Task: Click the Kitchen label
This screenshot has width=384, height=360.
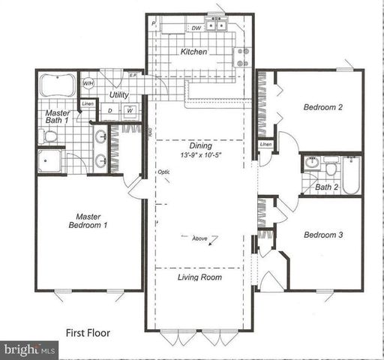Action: [x=193, y=52]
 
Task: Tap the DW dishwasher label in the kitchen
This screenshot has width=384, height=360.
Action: [x=195, y=28]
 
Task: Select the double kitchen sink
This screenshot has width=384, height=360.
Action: [x=217, y=26]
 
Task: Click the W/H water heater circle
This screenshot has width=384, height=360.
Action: [x=88, y=83]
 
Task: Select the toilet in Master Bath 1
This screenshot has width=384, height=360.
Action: [x=49, y=136]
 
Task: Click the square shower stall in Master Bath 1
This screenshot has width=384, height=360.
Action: [x=53, y=162]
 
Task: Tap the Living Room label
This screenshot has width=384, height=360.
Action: [x=199, y=277]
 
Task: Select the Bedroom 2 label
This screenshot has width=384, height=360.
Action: [x=322, y=107]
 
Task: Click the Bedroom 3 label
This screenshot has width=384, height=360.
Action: [x=322, y=235]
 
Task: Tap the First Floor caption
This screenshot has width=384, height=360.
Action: [x=88, y=331]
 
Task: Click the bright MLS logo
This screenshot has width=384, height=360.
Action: [x=30, y=349]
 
